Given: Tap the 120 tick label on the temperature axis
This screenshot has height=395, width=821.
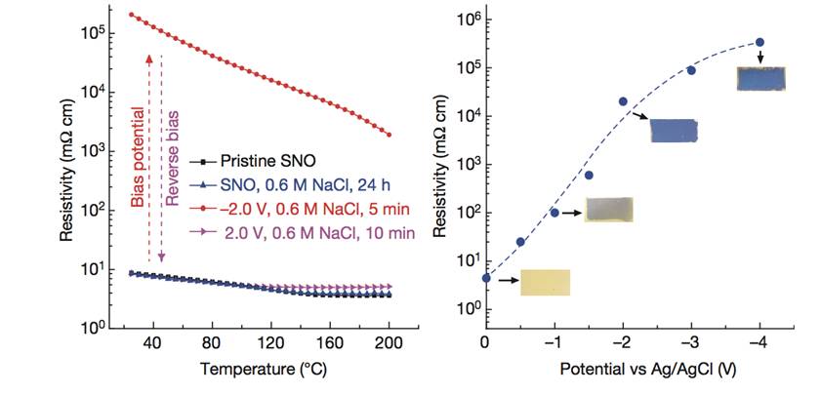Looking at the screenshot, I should point(269,343).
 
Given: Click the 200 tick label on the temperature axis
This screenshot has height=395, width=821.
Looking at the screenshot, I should point(389,343).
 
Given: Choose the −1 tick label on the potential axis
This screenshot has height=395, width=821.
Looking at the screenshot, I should point(553,343).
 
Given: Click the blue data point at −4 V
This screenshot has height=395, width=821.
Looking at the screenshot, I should point(759,42).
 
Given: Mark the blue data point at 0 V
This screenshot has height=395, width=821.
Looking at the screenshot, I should point(486,278).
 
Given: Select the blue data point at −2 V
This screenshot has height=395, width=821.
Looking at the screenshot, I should point(623,101).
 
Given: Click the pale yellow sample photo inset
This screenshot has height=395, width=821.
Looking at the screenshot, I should point(545,282).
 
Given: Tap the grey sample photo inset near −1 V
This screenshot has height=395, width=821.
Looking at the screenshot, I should point(608,209).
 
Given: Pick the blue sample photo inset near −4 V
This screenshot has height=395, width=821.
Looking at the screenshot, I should point(759,78).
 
